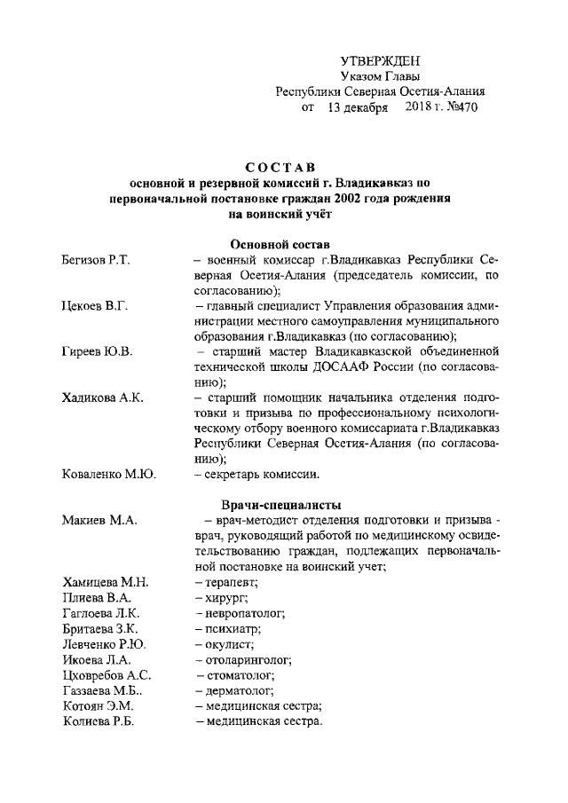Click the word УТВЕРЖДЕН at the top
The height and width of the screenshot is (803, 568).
[x=380, y=60]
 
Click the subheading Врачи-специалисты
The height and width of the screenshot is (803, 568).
[x=279, y=504]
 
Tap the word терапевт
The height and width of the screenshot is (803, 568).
[x=231, y=583]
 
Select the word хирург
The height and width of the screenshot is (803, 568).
[x=225, y=598]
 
